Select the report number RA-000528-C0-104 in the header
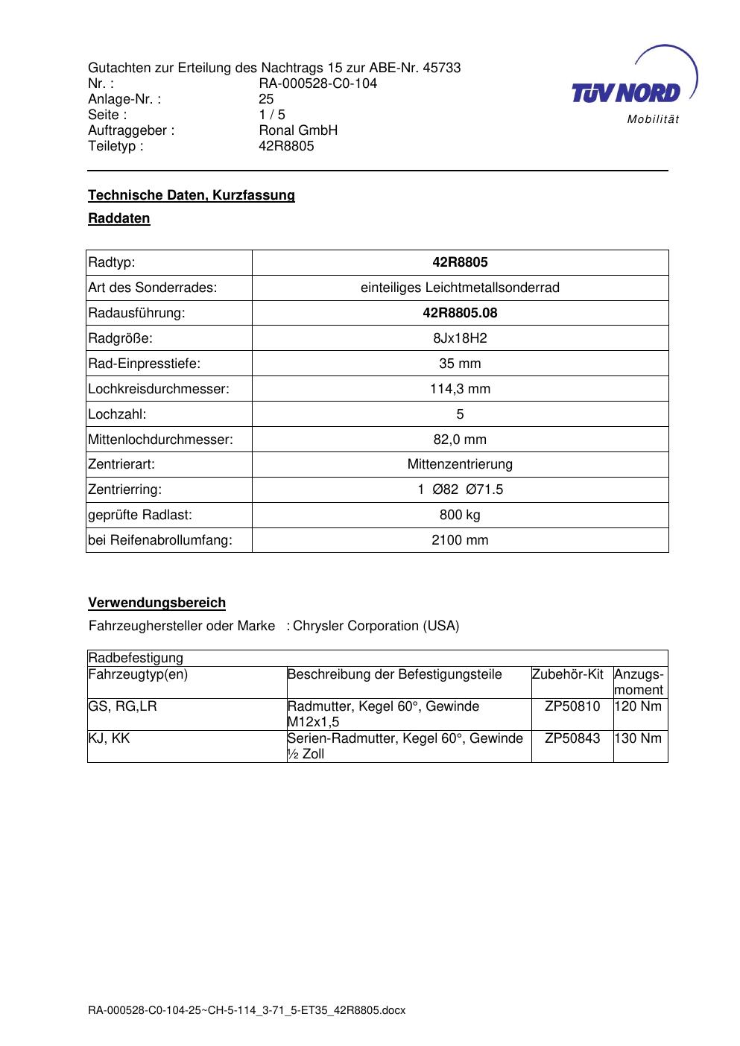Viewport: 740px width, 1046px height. point(317,83)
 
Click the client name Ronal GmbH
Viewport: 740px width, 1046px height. point(298,130)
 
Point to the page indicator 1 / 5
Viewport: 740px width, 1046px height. point(272,115)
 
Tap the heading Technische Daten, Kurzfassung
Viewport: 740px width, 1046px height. point(192,195)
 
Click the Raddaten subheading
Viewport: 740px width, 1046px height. point(119,218)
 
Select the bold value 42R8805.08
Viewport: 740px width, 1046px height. point(460,313)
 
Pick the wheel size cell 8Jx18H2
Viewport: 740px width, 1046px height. point(460,338)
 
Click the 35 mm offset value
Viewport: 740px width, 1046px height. point(460,364)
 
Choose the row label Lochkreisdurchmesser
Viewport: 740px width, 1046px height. point(159,389)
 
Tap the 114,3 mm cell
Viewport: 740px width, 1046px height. point(460,389)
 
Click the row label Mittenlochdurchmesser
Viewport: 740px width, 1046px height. point(160,440)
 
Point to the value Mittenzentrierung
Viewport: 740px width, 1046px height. point(460,464)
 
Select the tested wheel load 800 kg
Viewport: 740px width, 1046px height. point(460,515)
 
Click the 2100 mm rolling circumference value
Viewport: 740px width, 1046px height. point(460,540)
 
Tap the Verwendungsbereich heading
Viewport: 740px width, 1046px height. point(156,603)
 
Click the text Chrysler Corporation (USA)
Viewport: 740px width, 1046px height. point(376,626)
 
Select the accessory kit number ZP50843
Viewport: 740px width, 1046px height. point(572,738)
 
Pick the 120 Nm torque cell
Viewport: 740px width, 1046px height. point(639,706)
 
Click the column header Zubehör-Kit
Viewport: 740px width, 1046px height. point(567,674)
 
